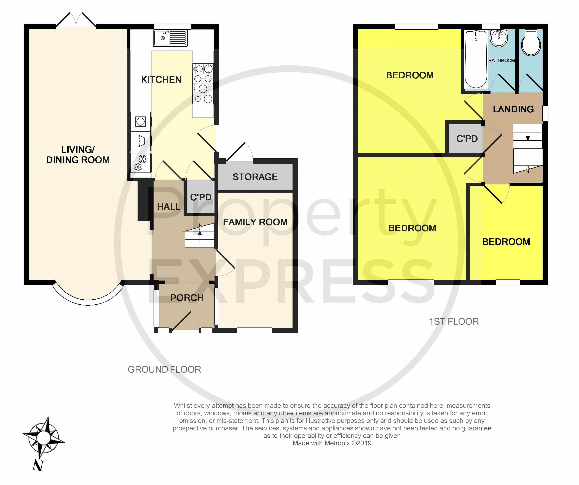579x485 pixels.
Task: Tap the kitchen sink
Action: tap(170, 38)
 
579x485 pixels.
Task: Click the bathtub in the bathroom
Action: tap(476, 60)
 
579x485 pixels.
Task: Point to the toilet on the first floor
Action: tap(531, 43)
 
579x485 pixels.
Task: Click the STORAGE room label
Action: tap(255, 177)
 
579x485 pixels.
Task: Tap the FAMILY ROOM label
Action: tap(255, 222)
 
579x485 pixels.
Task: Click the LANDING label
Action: tap(513, 109)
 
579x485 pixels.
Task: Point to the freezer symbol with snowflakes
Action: tap(141, 163)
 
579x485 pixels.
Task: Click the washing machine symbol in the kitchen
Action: tap(141, 121)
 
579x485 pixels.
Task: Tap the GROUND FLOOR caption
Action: tap(164, 369)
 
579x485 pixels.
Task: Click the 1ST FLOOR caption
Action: tap(454, 321)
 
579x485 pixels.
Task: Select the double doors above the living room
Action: tap(76, 20)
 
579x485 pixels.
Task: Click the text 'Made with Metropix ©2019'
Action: tap(332, 443)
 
